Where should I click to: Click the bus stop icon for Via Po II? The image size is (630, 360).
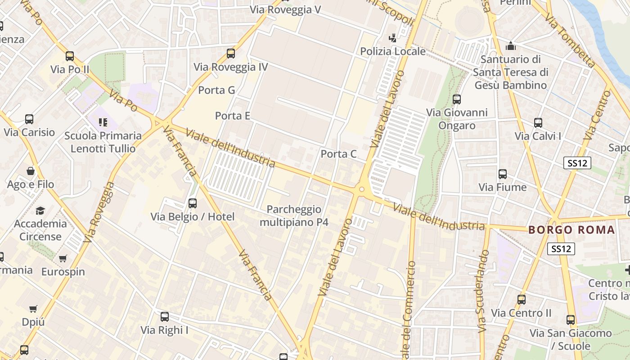pyautogui.click(x=70, y=56)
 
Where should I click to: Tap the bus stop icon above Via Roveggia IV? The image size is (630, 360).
pyautogui.click(x=231, y=54)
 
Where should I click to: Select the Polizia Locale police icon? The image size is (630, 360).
pyautogui.click(x=393, y=38)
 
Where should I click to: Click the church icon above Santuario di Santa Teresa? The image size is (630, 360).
pyautogui.click(x=510, y=46)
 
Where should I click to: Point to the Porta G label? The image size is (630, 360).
pyautogui.click(x=216, y=90)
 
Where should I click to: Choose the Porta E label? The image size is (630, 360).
pyautogui.click(x=232, y=116)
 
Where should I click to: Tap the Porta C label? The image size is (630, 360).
pyautogui.click(x=338, y=154)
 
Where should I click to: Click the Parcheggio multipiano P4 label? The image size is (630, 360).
pyautogui.click(x=294, y=216)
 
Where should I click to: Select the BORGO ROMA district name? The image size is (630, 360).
pyautogui.click(x=571, y=230)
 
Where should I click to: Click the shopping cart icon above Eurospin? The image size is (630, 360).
pyautogui.click(x=63, y=258)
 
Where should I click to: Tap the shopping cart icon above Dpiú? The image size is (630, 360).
pyautogui.click(x=33, y=309)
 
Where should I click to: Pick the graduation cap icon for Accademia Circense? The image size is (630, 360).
pyautogui.click(x=40, y=211)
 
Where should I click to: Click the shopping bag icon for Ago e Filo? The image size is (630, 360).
pyautogui.click(x=31, y=171)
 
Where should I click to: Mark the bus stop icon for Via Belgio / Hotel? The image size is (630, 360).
pyautogui.click(x=193, y=203)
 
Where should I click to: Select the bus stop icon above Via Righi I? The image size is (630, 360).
pyautogui.click(x=165, y=316)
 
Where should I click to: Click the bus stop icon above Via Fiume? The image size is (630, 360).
pyautogui.click(x=503, y=174)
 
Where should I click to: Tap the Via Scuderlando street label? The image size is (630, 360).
pyautogui.click(x=483, y=292)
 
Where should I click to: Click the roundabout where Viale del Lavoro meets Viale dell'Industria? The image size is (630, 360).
pyautogui.click(x=361, y=189)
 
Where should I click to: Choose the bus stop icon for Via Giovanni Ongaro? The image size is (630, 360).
pyautogui.click(x=457, y=99)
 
